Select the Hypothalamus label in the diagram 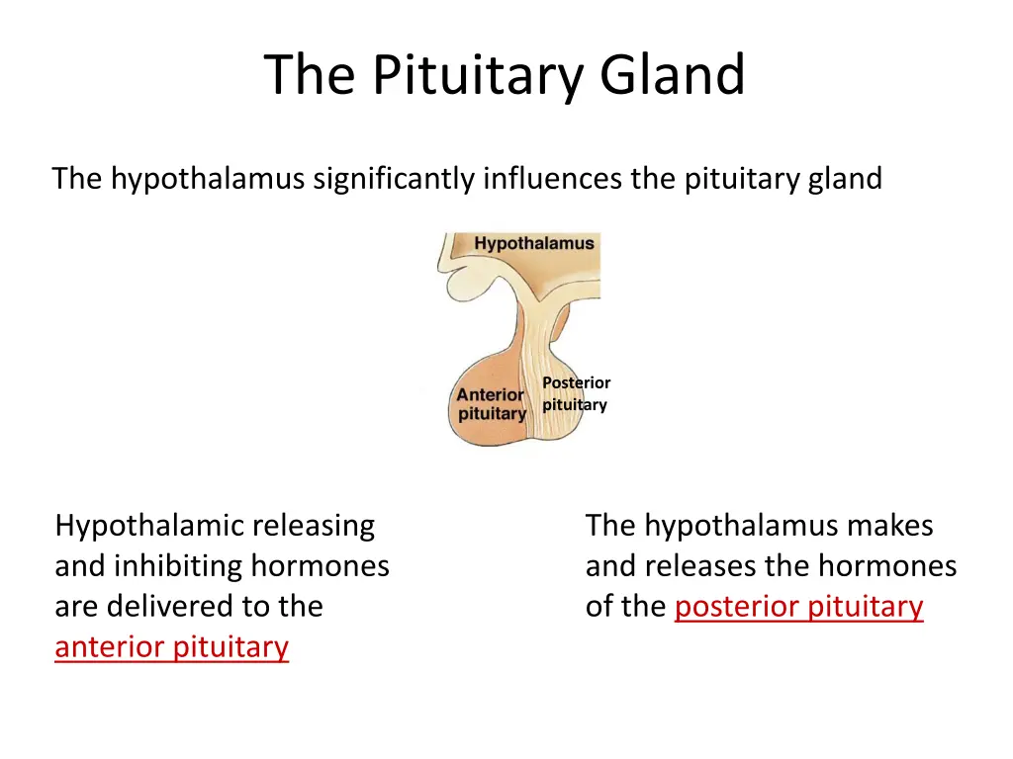pyautogui.click(x=534, y=243)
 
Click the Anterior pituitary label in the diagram pyautogui.click(x=491, y=404)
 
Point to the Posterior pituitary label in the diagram pyautogui.click(x=576, y=393)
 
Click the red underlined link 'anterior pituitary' pyautogui.click(x=172, y=647)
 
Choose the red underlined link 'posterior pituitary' pyautogui.click(x=798, y=607)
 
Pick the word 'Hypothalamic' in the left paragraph pyautogui.click(x=148, y=526)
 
